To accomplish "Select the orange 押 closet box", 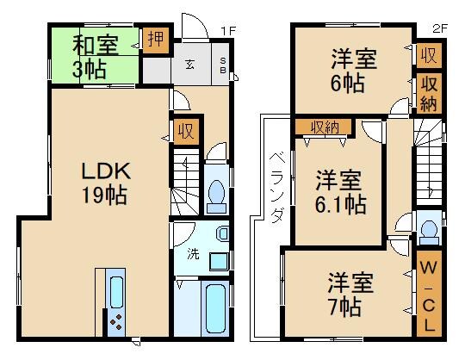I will click(156, 40).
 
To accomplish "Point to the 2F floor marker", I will click(439, 28).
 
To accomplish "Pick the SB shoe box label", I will click(222, 67).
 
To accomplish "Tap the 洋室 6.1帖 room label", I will click(338, 193).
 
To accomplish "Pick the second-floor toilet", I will click(428, 231).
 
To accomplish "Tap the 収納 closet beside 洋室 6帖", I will click(427, 92).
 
